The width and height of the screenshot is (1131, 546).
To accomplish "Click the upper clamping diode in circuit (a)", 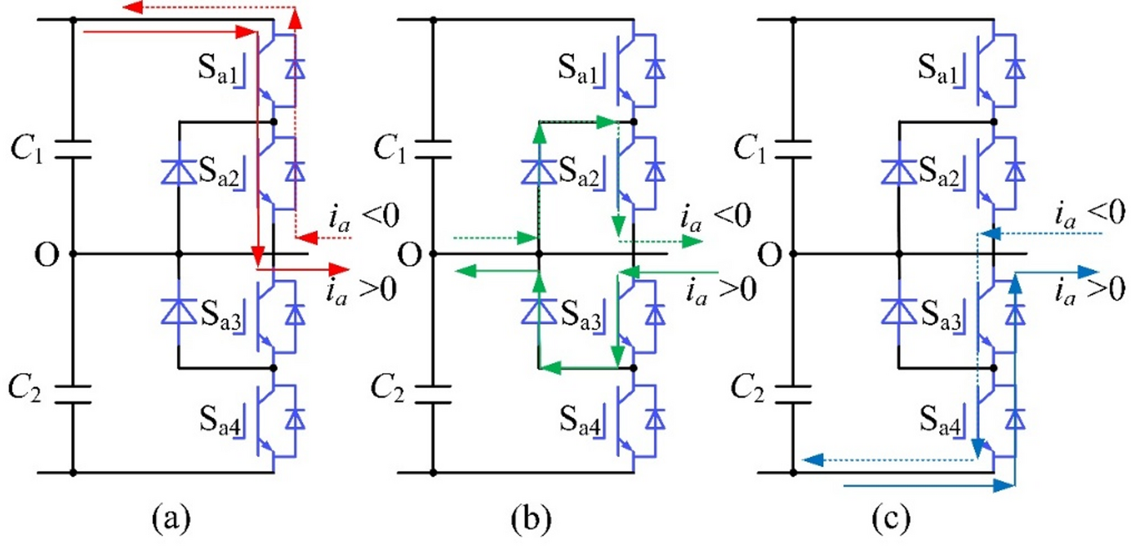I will pos(177,171).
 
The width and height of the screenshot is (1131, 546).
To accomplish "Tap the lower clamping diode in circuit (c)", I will pos(898,310).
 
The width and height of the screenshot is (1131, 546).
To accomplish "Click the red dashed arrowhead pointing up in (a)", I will pos(296,17).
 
